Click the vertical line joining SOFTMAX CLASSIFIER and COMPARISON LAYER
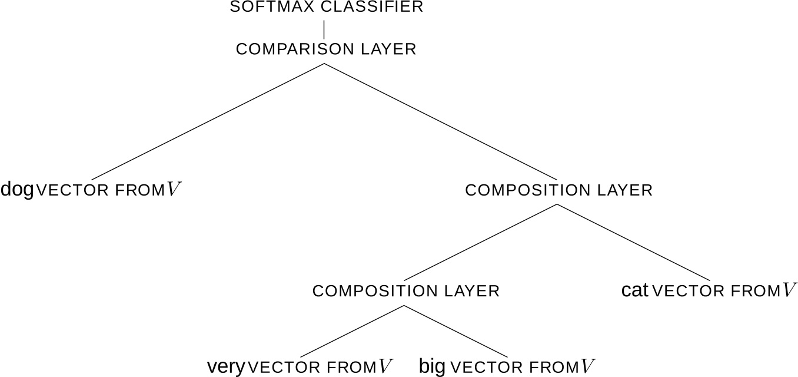click(x=324, y=29)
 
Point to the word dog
click(x=17, y=190)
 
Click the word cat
click(x=634, y=290)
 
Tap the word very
click(x=225, y=367)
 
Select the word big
click(x=432, y=367)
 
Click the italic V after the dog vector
click(x=174, y=190)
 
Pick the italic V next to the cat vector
click(x=789, y=290)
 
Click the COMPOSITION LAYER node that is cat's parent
click(x=558, y=190)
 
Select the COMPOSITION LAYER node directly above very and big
click(x=405, y=291)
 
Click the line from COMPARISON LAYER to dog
click(x=207, y=121)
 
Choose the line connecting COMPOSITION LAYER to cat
click(x=633, y=242)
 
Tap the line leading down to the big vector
click(x=453, y=331)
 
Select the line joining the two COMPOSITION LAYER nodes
click(x=481, y=242)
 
